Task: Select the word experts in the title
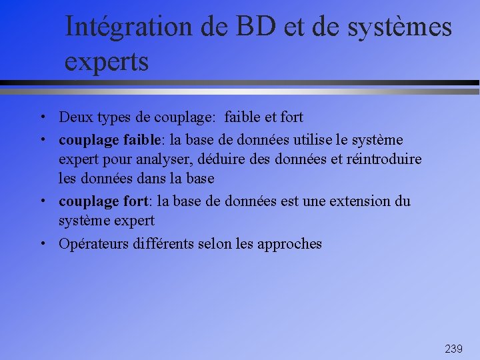coord(107,62)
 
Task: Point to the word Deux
coord(75,117)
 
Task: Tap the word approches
coord(289,244)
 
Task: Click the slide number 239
coord(453,349)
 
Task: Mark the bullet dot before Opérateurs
coord(42,244)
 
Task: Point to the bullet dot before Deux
coord(42,117)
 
